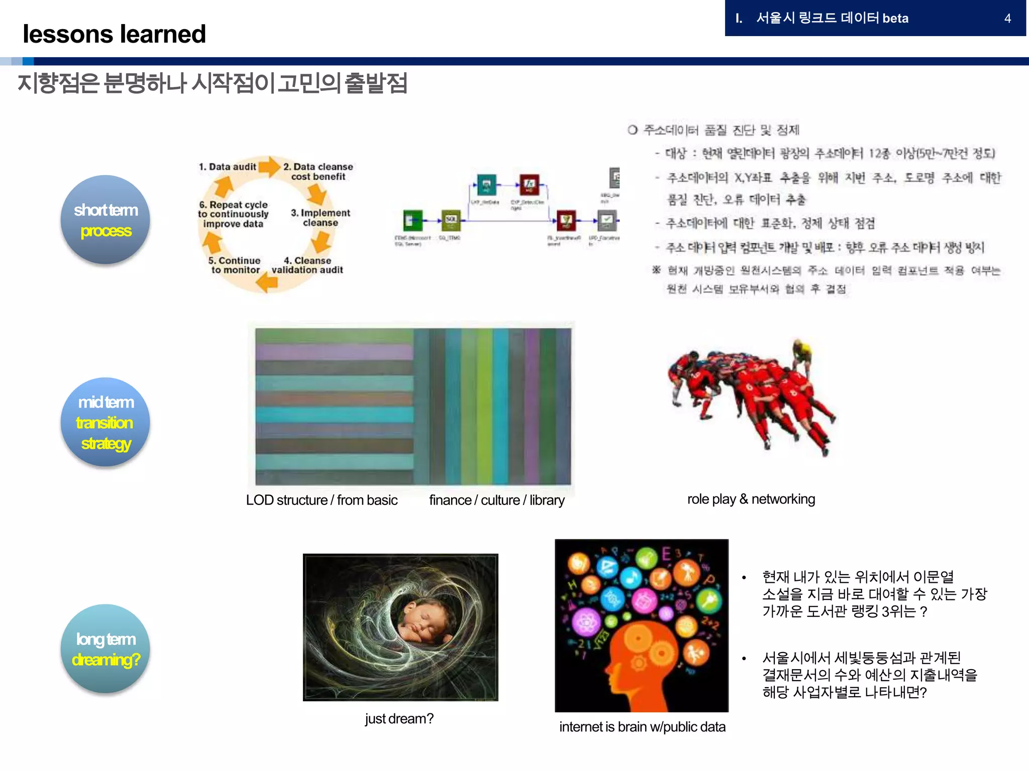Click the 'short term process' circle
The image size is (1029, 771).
coord(106,219)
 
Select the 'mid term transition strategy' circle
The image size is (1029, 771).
coord(106,422)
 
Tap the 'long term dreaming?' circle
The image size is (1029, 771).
coord(106,649)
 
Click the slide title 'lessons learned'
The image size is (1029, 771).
coord(114,34)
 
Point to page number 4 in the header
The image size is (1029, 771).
coord(1007,19)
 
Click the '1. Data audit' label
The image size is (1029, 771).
coord(227,167)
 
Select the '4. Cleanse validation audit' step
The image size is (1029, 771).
coord(307,265)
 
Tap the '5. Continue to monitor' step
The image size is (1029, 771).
coord(235,265)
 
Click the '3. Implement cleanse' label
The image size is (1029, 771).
coord(320,217)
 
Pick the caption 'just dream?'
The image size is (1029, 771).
coord(399,719)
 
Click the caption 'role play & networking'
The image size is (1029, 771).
coord(751,499)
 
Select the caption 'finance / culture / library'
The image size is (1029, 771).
coord(496,500)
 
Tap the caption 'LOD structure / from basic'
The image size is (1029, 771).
coord(322,500)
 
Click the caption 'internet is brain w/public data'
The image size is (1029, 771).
coord(642,727)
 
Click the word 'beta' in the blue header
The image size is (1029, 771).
coord(895,19)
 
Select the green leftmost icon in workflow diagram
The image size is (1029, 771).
coord(413,220)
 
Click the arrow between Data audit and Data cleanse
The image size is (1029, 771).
coord(269,167)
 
